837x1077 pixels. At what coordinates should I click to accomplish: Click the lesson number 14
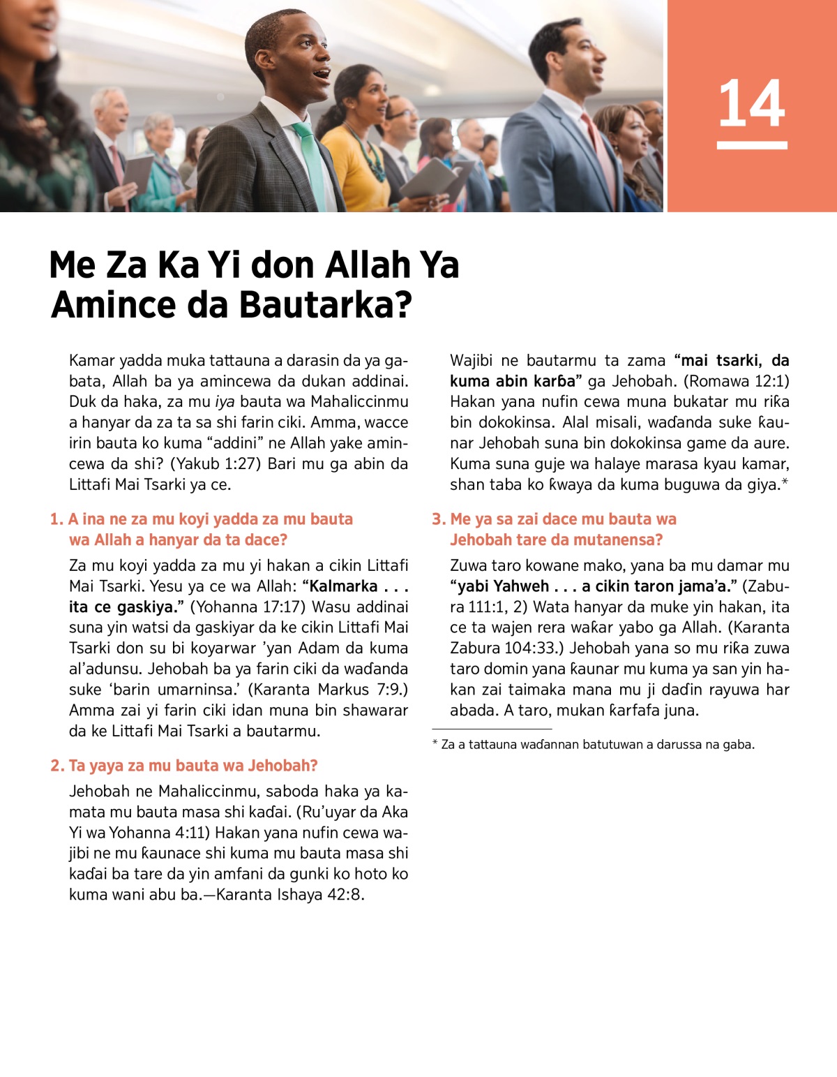(x=751, y=103)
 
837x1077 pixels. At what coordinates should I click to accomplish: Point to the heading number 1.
(x=56, y=519)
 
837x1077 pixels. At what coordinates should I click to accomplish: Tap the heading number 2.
(x=56, y=766)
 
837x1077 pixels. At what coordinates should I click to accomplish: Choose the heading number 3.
(x=438, y=519)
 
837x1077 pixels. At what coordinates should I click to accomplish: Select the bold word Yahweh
(x=521, y=586)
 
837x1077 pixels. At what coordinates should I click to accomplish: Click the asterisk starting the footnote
(x=435, y=744)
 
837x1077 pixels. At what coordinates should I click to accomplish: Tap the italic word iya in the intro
(x=225, y=402)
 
